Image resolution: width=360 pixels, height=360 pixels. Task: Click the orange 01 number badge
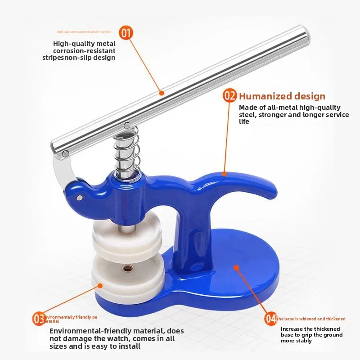(x=126, y=33)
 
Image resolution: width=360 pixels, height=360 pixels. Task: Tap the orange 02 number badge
(x=230, y=95)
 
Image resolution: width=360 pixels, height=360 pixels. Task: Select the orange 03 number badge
(x=39, y=319)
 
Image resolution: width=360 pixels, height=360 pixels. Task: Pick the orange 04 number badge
(x=270, y=319)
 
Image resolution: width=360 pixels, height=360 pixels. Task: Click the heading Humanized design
(x=282, y=96)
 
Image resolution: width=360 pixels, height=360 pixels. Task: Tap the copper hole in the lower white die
(x=126, y=269)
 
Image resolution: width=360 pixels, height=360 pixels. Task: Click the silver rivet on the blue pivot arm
(x=80, y=197)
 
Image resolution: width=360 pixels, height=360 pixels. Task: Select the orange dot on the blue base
(x=235, y=267)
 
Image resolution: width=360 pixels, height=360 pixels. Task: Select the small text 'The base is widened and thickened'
(x=311, y=319)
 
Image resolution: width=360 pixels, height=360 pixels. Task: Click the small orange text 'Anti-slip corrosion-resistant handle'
(x=84, y=32)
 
